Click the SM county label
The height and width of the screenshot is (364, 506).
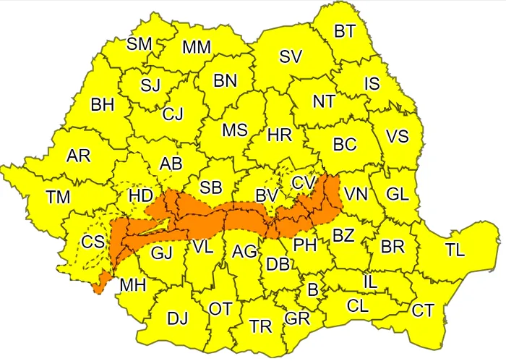point(140,43)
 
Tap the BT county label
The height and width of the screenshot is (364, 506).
point(344,30)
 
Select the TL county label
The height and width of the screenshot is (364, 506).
point(455,250)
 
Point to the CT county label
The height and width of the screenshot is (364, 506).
point(423,310)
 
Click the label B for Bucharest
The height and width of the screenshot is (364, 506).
point(313,290)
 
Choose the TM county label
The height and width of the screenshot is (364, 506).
point(58,196)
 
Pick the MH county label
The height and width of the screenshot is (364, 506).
point(133,284)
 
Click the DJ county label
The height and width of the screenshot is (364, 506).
point(177,318)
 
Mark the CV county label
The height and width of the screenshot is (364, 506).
point(304,183)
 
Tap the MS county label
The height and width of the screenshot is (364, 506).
point(234,130)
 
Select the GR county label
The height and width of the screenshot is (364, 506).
point(297,318)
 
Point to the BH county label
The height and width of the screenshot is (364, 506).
point(103,105)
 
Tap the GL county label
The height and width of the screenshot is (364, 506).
point(397,194)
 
